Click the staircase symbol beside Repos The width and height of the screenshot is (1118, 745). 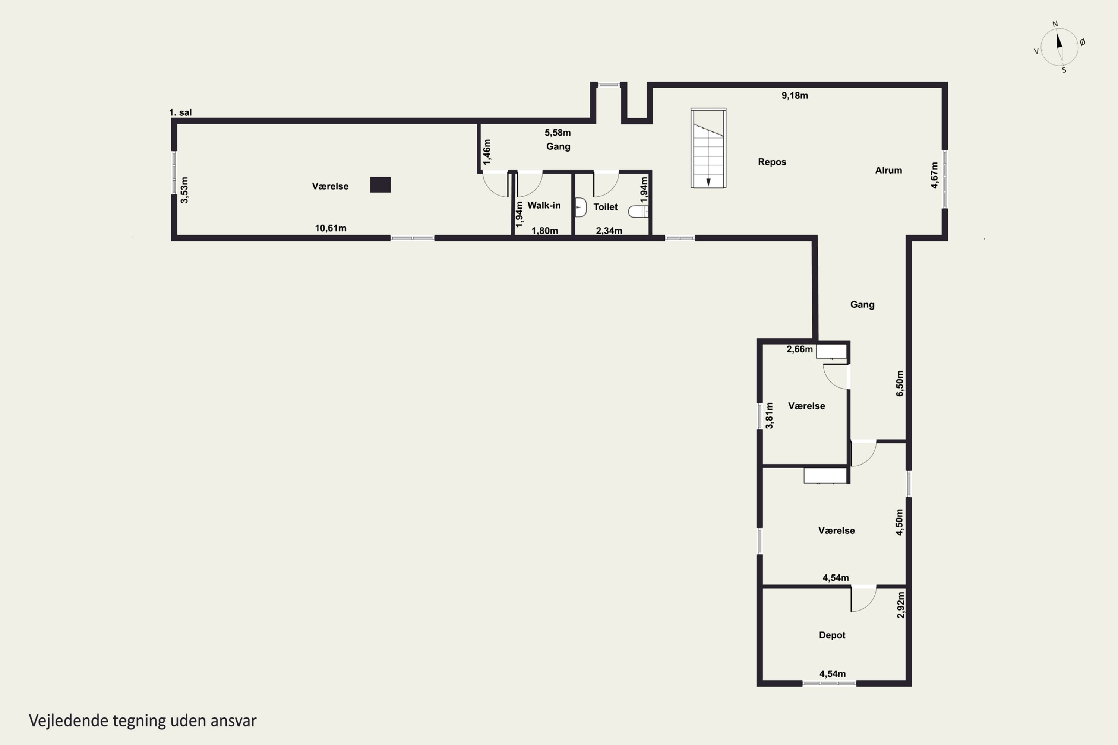[x=708, y=148]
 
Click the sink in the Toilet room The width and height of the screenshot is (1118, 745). [x=580, y=207]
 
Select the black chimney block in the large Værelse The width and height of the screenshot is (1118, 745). [x=380, y=184]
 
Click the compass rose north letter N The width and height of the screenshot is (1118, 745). [x=1055, y=24]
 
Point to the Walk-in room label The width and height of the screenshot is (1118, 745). [x=544, y=205]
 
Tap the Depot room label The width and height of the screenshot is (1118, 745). [x=832, y=635]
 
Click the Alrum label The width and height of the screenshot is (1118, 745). [x=888, y=170]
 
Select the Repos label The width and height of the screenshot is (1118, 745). [x=772, y=162]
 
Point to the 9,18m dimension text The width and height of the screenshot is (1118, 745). [x=795, y=95]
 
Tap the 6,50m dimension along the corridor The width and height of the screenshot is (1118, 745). [x=900, y=383]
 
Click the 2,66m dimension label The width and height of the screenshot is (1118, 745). [x=799, y=349]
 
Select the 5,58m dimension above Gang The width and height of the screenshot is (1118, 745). [x=558, y=133]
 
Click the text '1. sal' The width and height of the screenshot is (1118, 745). [x=181, y=112]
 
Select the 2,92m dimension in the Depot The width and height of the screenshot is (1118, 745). [x=901, y=605]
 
